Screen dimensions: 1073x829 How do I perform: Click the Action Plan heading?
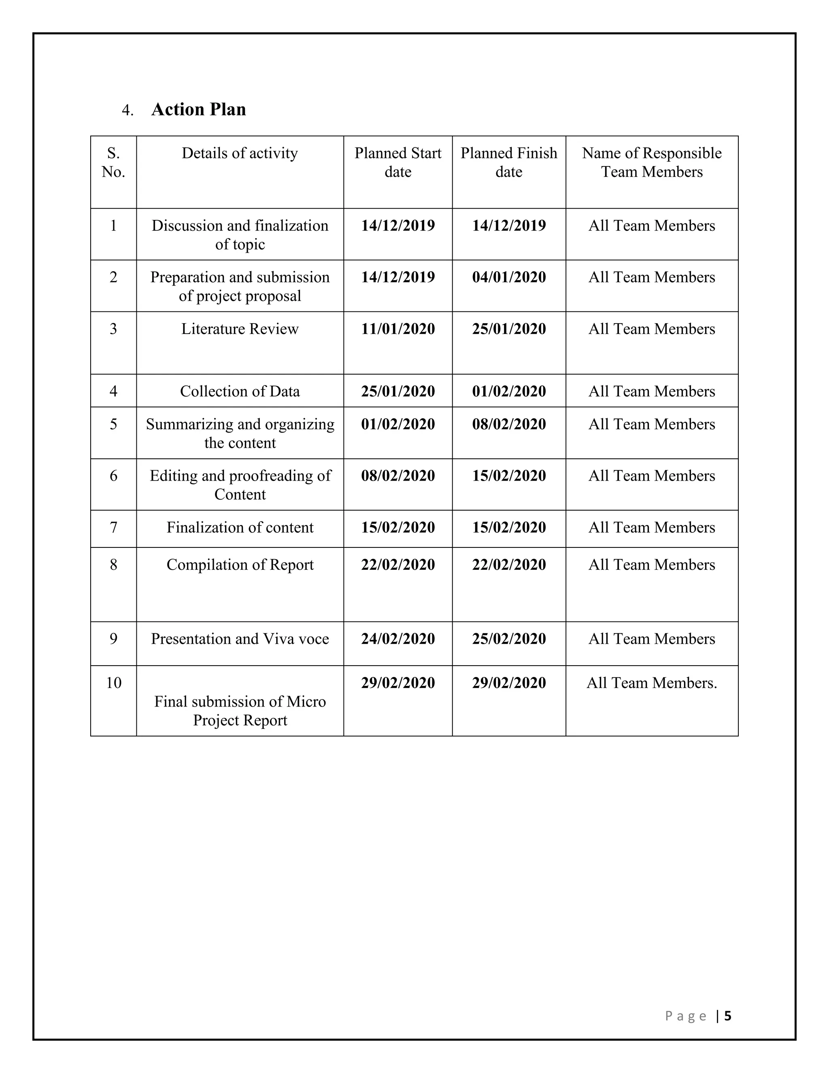[198, 109]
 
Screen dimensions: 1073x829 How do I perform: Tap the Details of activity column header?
[240, 153]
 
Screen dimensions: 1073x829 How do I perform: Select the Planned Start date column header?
[398, 162]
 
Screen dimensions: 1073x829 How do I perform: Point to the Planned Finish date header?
[509, 162]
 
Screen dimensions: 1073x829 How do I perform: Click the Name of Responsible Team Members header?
[652, 162]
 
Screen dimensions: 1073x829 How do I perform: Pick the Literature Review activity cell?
[240, 329]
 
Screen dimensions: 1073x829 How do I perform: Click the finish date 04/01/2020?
[509, 277]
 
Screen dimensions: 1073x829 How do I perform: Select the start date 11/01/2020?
[398, 329]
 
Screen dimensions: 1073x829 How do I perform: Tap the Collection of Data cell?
[240, 391]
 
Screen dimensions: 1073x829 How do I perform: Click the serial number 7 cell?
[113, 527]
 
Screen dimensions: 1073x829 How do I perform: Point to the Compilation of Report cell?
[240, 564]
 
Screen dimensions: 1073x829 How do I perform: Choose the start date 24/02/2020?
[398, 639]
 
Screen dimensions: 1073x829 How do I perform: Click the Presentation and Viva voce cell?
[240, 639]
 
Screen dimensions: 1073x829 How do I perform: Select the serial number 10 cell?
[113, 682]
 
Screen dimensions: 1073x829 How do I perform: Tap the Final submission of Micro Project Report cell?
[240, 711]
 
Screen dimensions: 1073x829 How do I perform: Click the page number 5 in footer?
[728, 1016]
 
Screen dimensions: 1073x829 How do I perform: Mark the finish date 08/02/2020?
[509, 424]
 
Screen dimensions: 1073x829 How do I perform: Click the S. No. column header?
[113, 162]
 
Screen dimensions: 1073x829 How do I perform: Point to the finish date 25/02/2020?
[509, 639]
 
